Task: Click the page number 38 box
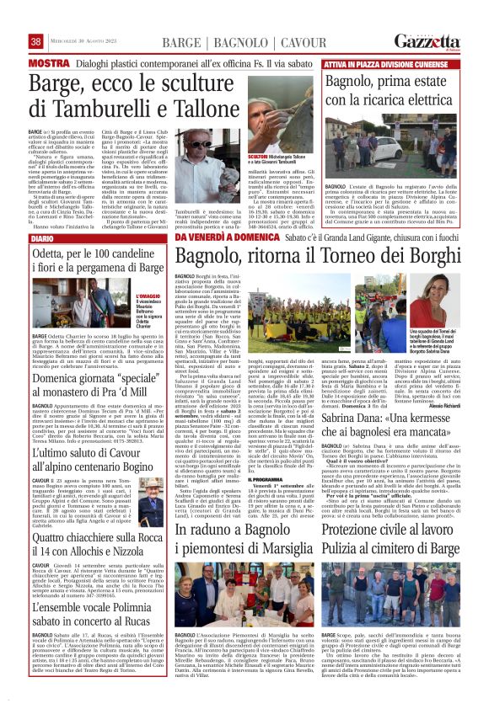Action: [x=35, y=42]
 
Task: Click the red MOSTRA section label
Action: [x=48, y=63]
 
